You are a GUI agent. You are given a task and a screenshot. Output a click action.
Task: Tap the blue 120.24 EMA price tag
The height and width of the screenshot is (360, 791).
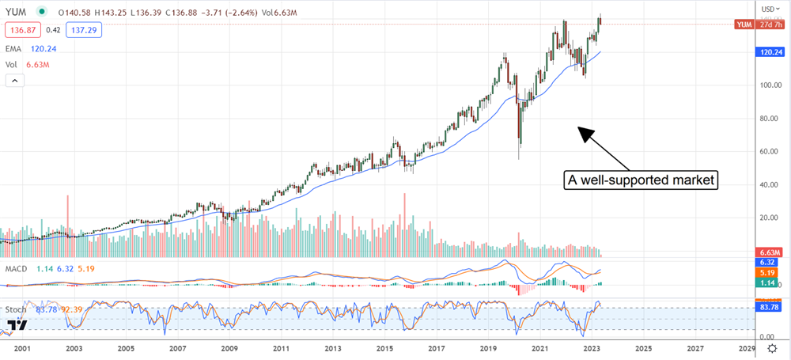[x=770, y=52]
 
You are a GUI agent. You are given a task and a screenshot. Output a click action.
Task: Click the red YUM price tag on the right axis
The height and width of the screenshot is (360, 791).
[x=744, y=25]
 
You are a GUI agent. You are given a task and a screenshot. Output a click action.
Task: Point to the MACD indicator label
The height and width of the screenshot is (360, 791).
[x=16, y=268]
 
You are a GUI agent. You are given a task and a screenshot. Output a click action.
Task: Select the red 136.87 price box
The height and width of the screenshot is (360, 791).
[x=22, y=29]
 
